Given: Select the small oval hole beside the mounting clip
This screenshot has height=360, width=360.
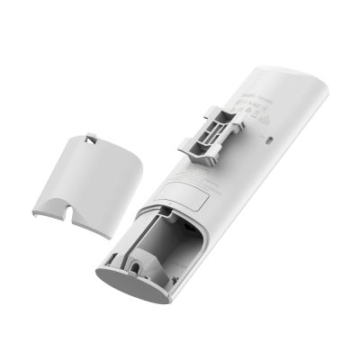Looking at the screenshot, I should (x=272, y=139).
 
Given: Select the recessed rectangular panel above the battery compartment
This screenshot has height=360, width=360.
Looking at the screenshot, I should (x=192, y=188).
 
